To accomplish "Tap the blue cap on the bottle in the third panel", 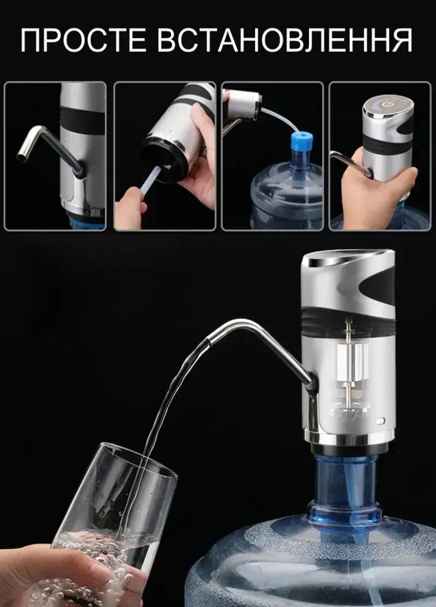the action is pyautogui.click(x=302, y=141).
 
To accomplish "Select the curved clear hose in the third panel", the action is pyautogui.click(x=282, y=116).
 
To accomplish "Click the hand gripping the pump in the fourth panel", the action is pyautogui.click(x=377, y=190).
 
